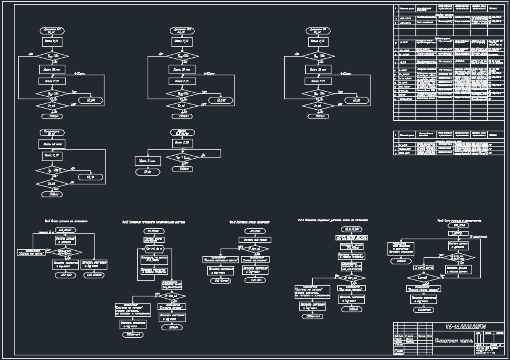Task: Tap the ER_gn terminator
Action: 355,101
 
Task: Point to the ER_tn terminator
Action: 94,177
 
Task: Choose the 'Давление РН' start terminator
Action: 320,30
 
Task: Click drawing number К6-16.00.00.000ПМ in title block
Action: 466,327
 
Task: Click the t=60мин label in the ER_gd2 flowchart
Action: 209,74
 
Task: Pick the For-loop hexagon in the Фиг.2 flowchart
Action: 151,249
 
